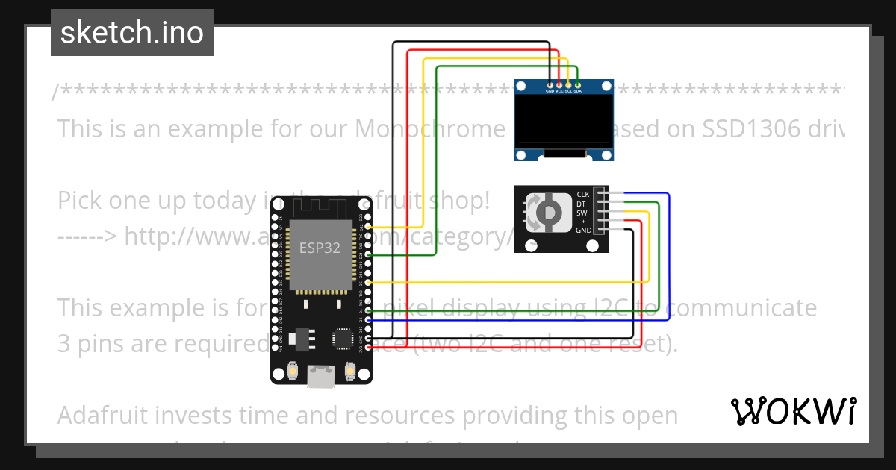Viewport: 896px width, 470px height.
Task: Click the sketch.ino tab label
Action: (131, 33)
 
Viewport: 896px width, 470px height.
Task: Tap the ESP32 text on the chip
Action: (320, 248)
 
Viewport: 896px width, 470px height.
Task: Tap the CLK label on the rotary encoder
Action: (583, 195)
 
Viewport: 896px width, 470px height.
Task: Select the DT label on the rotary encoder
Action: (582, 204)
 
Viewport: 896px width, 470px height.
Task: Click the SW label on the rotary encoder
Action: (582, 213)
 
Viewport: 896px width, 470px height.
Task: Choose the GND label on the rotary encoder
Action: (583, 231)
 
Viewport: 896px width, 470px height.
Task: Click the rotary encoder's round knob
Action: (547, 213)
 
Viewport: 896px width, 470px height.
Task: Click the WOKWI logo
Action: (794, 411)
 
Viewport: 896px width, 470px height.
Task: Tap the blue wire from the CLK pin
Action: (669, 254)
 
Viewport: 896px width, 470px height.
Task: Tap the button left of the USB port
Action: (293, 370)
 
